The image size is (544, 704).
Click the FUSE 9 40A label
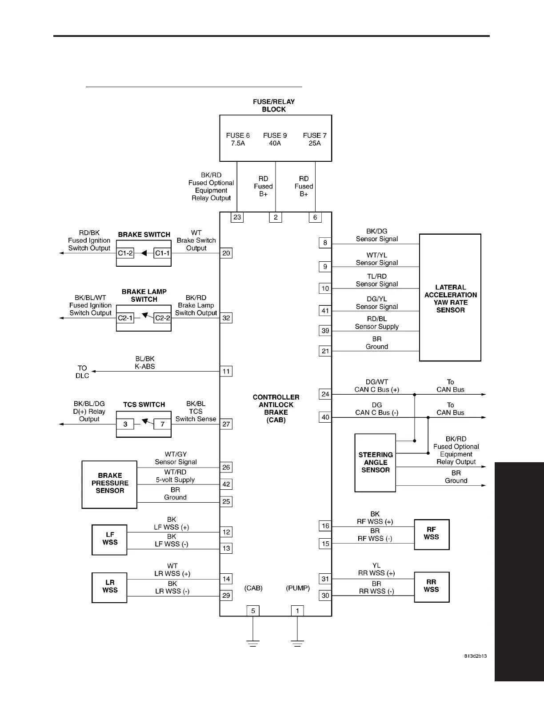pos(275,139)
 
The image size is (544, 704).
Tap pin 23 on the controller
pos(237,217)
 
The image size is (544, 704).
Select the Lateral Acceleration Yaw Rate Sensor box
pos(450,297)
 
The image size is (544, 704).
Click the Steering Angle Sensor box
pos(375,463)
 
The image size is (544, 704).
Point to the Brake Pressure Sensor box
pos(109,484)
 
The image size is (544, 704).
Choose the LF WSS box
pos(109,539)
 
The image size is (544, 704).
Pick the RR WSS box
pos(431,586)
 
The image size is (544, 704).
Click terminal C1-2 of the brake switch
pos(125,253)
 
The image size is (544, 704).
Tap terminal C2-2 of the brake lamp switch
pos(162,318)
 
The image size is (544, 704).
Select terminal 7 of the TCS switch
pos(162,424)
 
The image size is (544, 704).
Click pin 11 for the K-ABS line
pos(226,372)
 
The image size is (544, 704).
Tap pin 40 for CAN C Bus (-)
pos(325,417)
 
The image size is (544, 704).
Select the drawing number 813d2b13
pos(475,656)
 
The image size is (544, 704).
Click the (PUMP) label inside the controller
pos(297,588)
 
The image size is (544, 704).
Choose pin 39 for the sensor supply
pos(325,331)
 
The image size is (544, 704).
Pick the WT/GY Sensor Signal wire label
pos(176,458)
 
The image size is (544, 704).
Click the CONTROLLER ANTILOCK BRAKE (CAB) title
pos(276,408)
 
